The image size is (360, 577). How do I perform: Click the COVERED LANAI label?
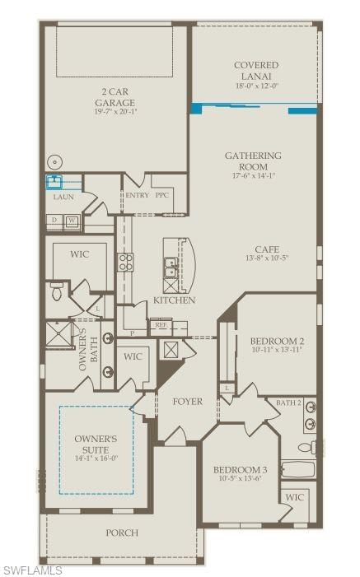pos(255,70)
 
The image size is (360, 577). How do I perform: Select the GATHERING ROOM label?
pos(254,161)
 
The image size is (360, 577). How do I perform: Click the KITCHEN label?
pos(174,300)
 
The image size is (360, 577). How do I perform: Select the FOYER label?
pos(188,402)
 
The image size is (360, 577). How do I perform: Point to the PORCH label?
pos(122,533)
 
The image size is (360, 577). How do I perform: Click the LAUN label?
pos(63,198)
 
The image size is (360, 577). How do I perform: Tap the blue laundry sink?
pos(56,181)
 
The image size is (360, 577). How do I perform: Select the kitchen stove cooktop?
pos(126,262)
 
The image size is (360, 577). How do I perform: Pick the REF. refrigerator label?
pos(161,325)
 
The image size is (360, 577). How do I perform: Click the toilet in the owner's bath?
pos(57,289)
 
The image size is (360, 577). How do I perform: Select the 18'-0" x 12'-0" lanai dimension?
pos(255,84)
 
